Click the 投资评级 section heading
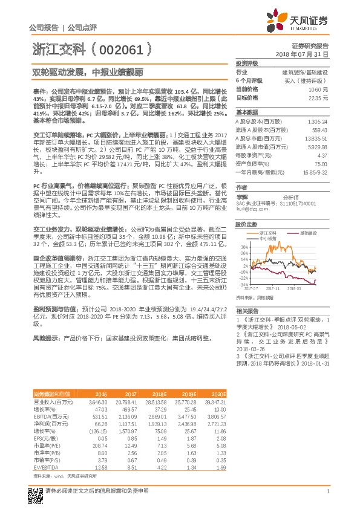(x=247, y=63)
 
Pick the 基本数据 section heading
(x=247, y=112)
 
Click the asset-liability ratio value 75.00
(x=322, y=164)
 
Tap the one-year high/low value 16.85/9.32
(x=315, y=172)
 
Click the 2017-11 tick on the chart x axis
(x=275, y=289)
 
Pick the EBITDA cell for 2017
(x=129, y=417)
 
